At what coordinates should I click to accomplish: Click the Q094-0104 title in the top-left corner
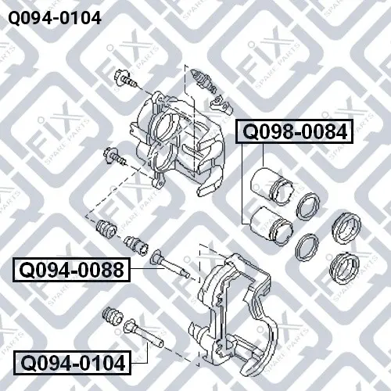pyautogui.click(x=55, y=18)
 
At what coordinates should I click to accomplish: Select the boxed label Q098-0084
pyautogui.click(x=294, y=131)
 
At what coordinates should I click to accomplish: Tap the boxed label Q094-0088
pyautogui.click(x=72, y=270)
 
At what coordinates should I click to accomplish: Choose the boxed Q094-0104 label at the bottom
pyautogui.click(x=72, y=363)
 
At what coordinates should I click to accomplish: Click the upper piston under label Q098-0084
pyautogui.click(x=271, y=186)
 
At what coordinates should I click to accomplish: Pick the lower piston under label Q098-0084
pyautogui.click(x=271, y=225)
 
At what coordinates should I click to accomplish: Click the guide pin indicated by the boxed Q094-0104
pyautogui.click(x=143, y=334)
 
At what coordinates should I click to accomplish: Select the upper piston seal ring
pyautogui.click(x=308, y=206)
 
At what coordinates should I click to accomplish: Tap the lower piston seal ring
pyautogui.click(x=307, y=247)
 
